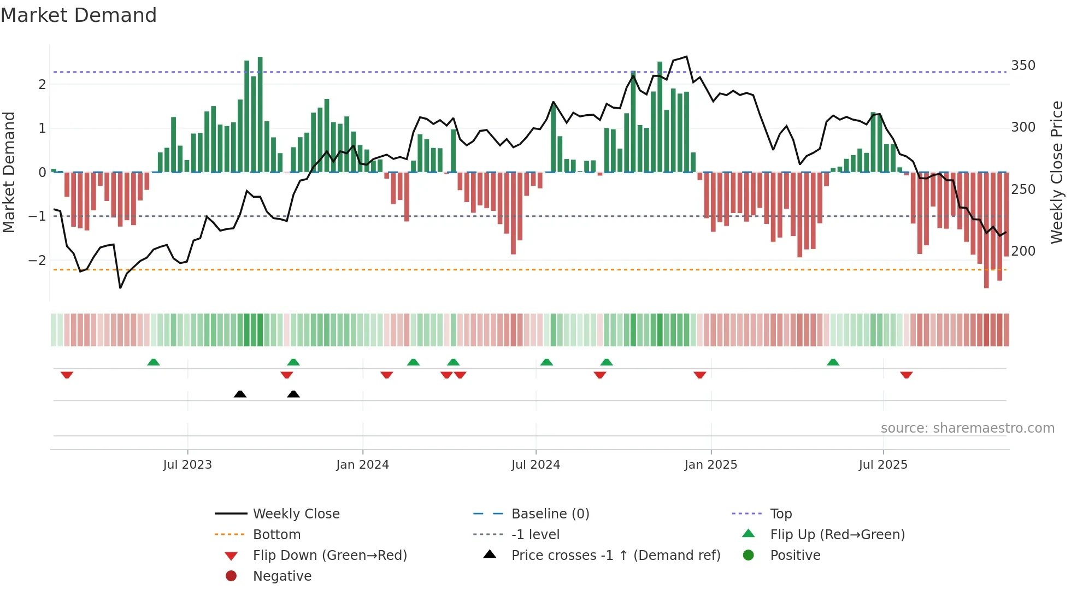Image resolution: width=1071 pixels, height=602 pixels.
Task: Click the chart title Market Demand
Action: pyautogui.click(x=79, y=15)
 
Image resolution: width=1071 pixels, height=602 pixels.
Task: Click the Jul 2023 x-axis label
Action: pyautogui.click(x=187, y=465)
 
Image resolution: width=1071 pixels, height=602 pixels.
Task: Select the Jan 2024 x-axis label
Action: pyautogui.click(x=362, y=465)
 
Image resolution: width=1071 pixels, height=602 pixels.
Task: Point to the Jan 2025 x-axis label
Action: pyautogui.click(x=710, y=465)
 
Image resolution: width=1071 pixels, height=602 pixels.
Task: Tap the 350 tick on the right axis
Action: pyautogui.click(x=1023, y=66)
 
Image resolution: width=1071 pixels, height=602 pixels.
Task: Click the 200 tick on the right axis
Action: pyautogui.click(x=1023, y=251)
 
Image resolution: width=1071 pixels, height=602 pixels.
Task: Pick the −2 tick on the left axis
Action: pyautogui.click(x=37, y=261)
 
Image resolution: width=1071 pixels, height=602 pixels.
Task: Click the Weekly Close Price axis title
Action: pyautogui.click(x=1057, y=172)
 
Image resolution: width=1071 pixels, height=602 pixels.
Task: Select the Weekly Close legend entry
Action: pyautogui.click(x=296, y=514)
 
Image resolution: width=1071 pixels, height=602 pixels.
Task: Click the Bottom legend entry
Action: pyautogui.click(x=276, y=535)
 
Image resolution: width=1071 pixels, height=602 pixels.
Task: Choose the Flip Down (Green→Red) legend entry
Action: pyautogui.click(x=329, y=556)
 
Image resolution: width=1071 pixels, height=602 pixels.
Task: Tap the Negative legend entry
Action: pyautogui.click(x=282, y=576)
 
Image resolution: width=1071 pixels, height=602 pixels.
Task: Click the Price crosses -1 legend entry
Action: pyautogui.click(x=615, y=556)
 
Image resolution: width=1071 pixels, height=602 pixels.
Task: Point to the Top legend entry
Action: pyautogui.click(x=781, y=514)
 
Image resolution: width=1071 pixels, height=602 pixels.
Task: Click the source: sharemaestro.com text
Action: pyautogui.click(x=967, y=428)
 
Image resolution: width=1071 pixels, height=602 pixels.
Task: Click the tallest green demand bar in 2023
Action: pyautogui.click(x=260, y=115)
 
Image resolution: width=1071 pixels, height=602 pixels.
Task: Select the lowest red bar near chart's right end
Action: pyautogui.click(x=986, y=229)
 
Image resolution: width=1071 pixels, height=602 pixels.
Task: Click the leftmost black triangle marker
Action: pyautogui.click(x=240, y=394)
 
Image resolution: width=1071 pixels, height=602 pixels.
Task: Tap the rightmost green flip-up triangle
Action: pyautogui.click(x=833, y=362)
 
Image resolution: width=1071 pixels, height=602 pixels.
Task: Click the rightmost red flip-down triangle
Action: pyautogui.click(x=907, y=375)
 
